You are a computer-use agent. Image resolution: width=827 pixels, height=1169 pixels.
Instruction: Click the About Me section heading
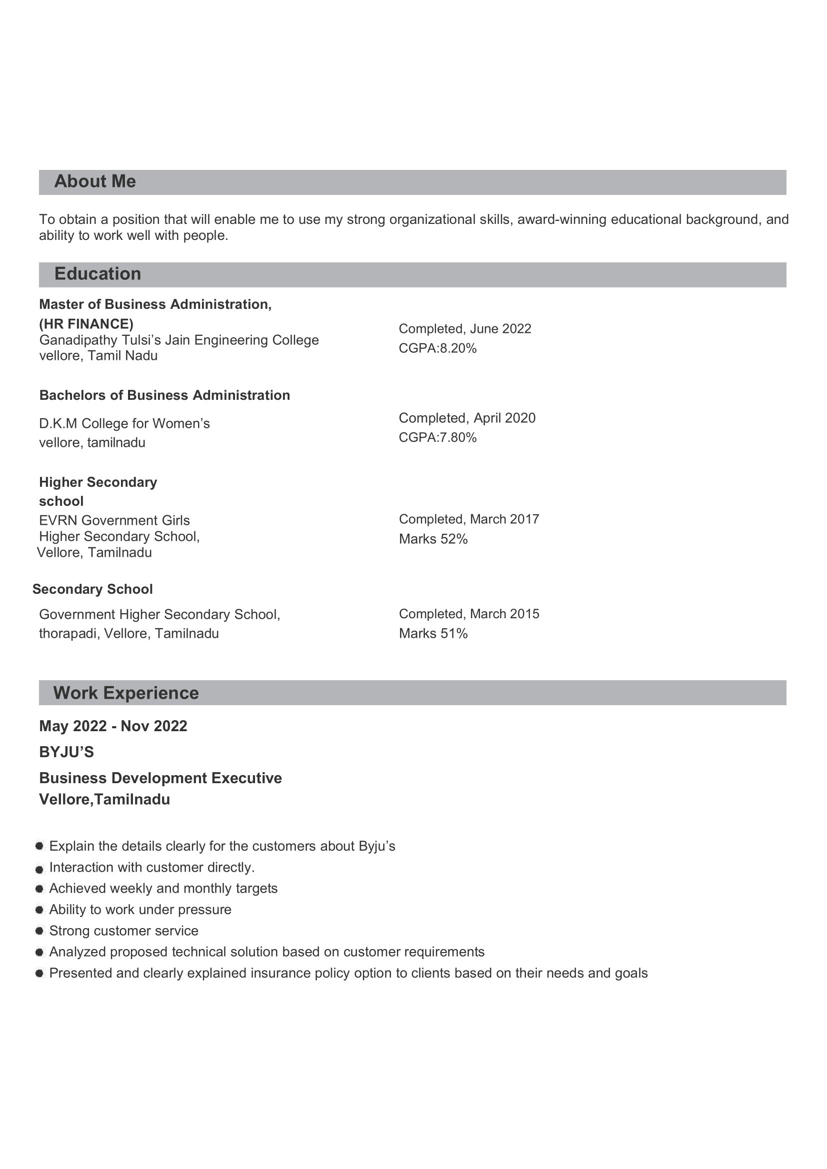click(x=95, y=182)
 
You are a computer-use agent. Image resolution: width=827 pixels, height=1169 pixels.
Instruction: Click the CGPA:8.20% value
click(x=437, y=349)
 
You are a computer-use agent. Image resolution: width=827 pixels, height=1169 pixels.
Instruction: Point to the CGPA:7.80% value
click(x=437, y=438)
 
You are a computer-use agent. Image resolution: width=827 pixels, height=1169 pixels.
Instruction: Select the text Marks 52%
click(x=433, y=539)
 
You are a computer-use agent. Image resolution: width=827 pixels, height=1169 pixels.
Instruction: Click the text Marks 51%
click(x=433, y=634)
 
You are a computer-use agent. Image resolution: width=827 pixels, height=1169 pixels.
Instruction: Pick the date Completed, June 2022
click(x=464, y=329)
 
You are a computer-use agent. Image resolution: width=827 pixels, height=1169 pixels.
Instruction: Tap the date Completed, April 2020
click(x=467, y=418)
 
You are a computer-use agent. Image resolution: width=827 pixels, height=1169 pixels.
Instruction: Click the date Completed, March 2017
click(x=468, y=519)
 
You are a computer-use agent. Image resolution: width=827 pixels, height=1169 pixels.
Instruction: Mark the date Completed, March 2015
click(x=468, y=614)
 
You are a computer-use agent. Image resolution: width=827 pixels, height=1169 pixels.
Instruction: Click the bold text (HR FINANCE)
click(x=86, y=324)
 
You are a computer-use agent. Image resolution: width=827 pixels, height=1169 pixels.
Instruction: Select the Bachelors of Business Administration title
click(x=164, y=396)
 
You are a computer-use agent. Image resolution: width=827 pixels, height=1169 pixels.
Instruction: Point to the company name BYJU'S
click(x=66, y=753)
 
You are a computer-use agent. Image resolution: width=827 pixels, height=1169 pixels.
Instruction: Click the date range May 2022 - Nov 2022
click(x=113, y=727)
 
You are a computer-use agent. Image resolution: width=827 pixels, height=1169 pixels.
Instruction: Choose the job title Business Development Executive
click(x=160, y=779)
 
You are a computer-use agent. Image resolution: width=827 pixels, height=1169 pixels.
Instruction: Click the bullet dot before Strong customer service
click(x=39, y=931)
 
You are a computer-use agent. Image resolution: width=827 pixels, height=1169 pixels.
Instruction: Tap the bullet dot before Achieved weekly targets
click(x=39, y=889)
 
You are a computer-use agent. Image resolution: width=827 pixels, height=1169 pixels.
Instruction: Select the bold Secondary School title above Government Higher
click(x=92, y=590)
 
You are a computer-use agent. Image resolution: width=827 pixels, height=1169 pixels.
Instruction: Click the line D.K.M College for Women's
click(x=124, y=424)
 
